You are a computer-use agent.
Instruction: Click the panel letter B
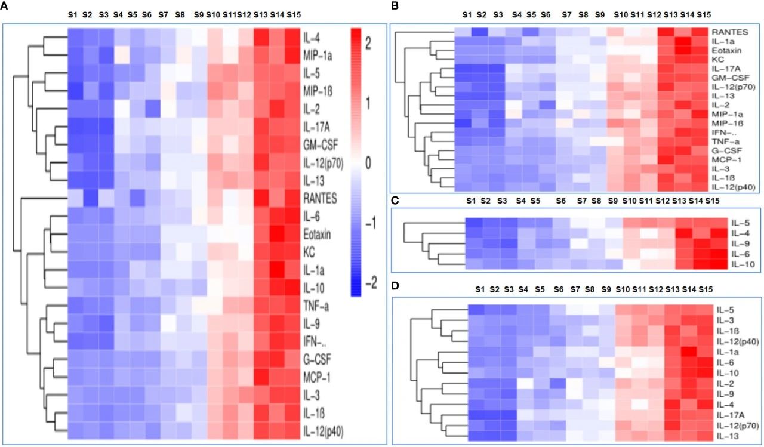393,5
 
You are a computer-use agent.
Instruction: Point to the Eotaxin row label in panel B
725,52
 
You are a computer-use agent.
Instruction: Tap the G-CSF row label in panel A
318,360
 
